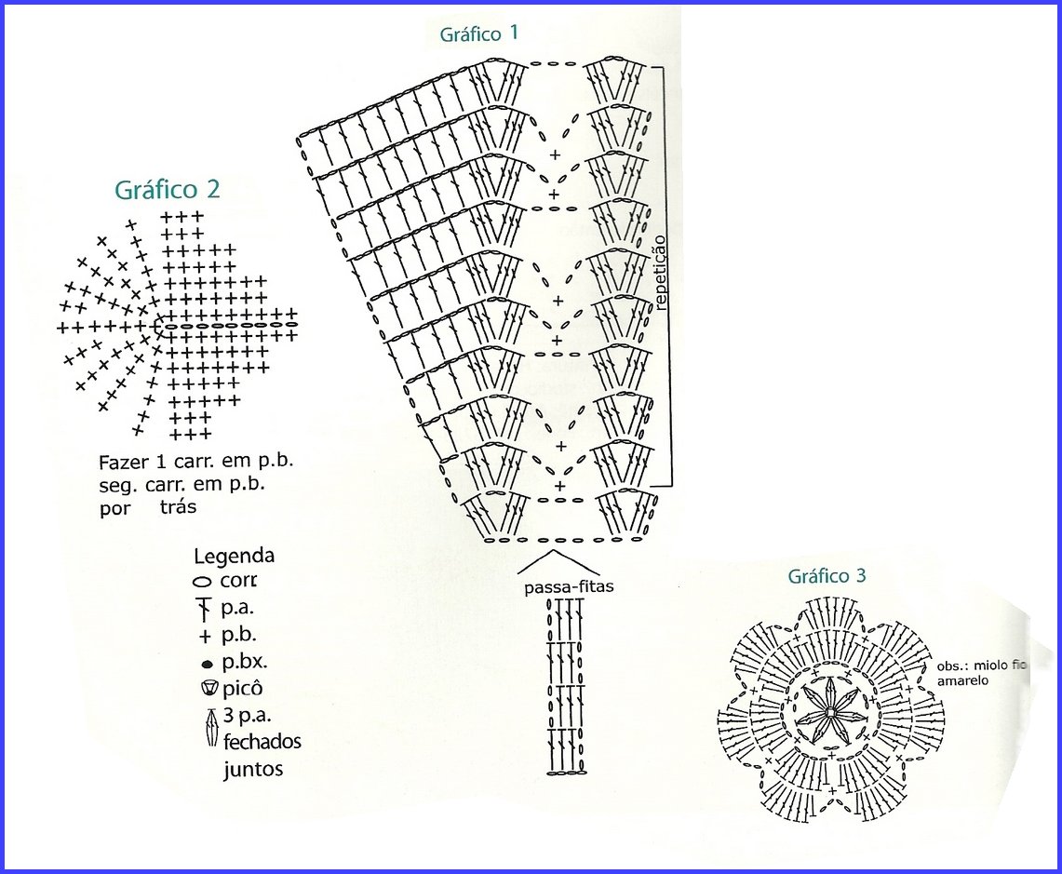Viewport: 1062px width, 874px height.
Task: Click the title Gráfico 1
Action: (479, 34)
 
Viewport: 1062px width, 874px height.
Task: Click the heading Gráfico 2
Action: (168, 189)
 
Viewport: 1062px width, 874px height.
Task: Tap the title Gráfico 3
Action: (827, 576)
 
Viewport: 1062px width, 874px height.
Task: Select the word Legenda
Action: (234, 557)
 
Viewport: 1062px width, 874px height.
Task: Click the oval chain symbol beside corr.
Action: (203, 582)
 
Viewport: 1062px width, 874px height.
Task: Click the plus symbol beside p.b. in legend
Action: (205, 638)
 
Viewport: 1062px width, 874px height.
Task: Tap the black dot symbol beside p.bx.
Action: (206, 665)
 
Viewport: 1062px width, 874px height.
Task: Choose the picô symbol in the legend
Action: (207, 690)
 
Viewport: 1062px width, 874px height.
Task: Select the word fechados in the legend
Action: (262, 743)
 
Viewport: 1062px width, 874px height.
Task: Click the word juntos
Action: (253, 770)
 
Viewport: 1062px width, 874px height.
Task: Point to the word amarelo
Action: (958, 681)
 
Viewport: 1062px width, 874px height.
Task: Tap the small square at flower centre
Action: (827, 713)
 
